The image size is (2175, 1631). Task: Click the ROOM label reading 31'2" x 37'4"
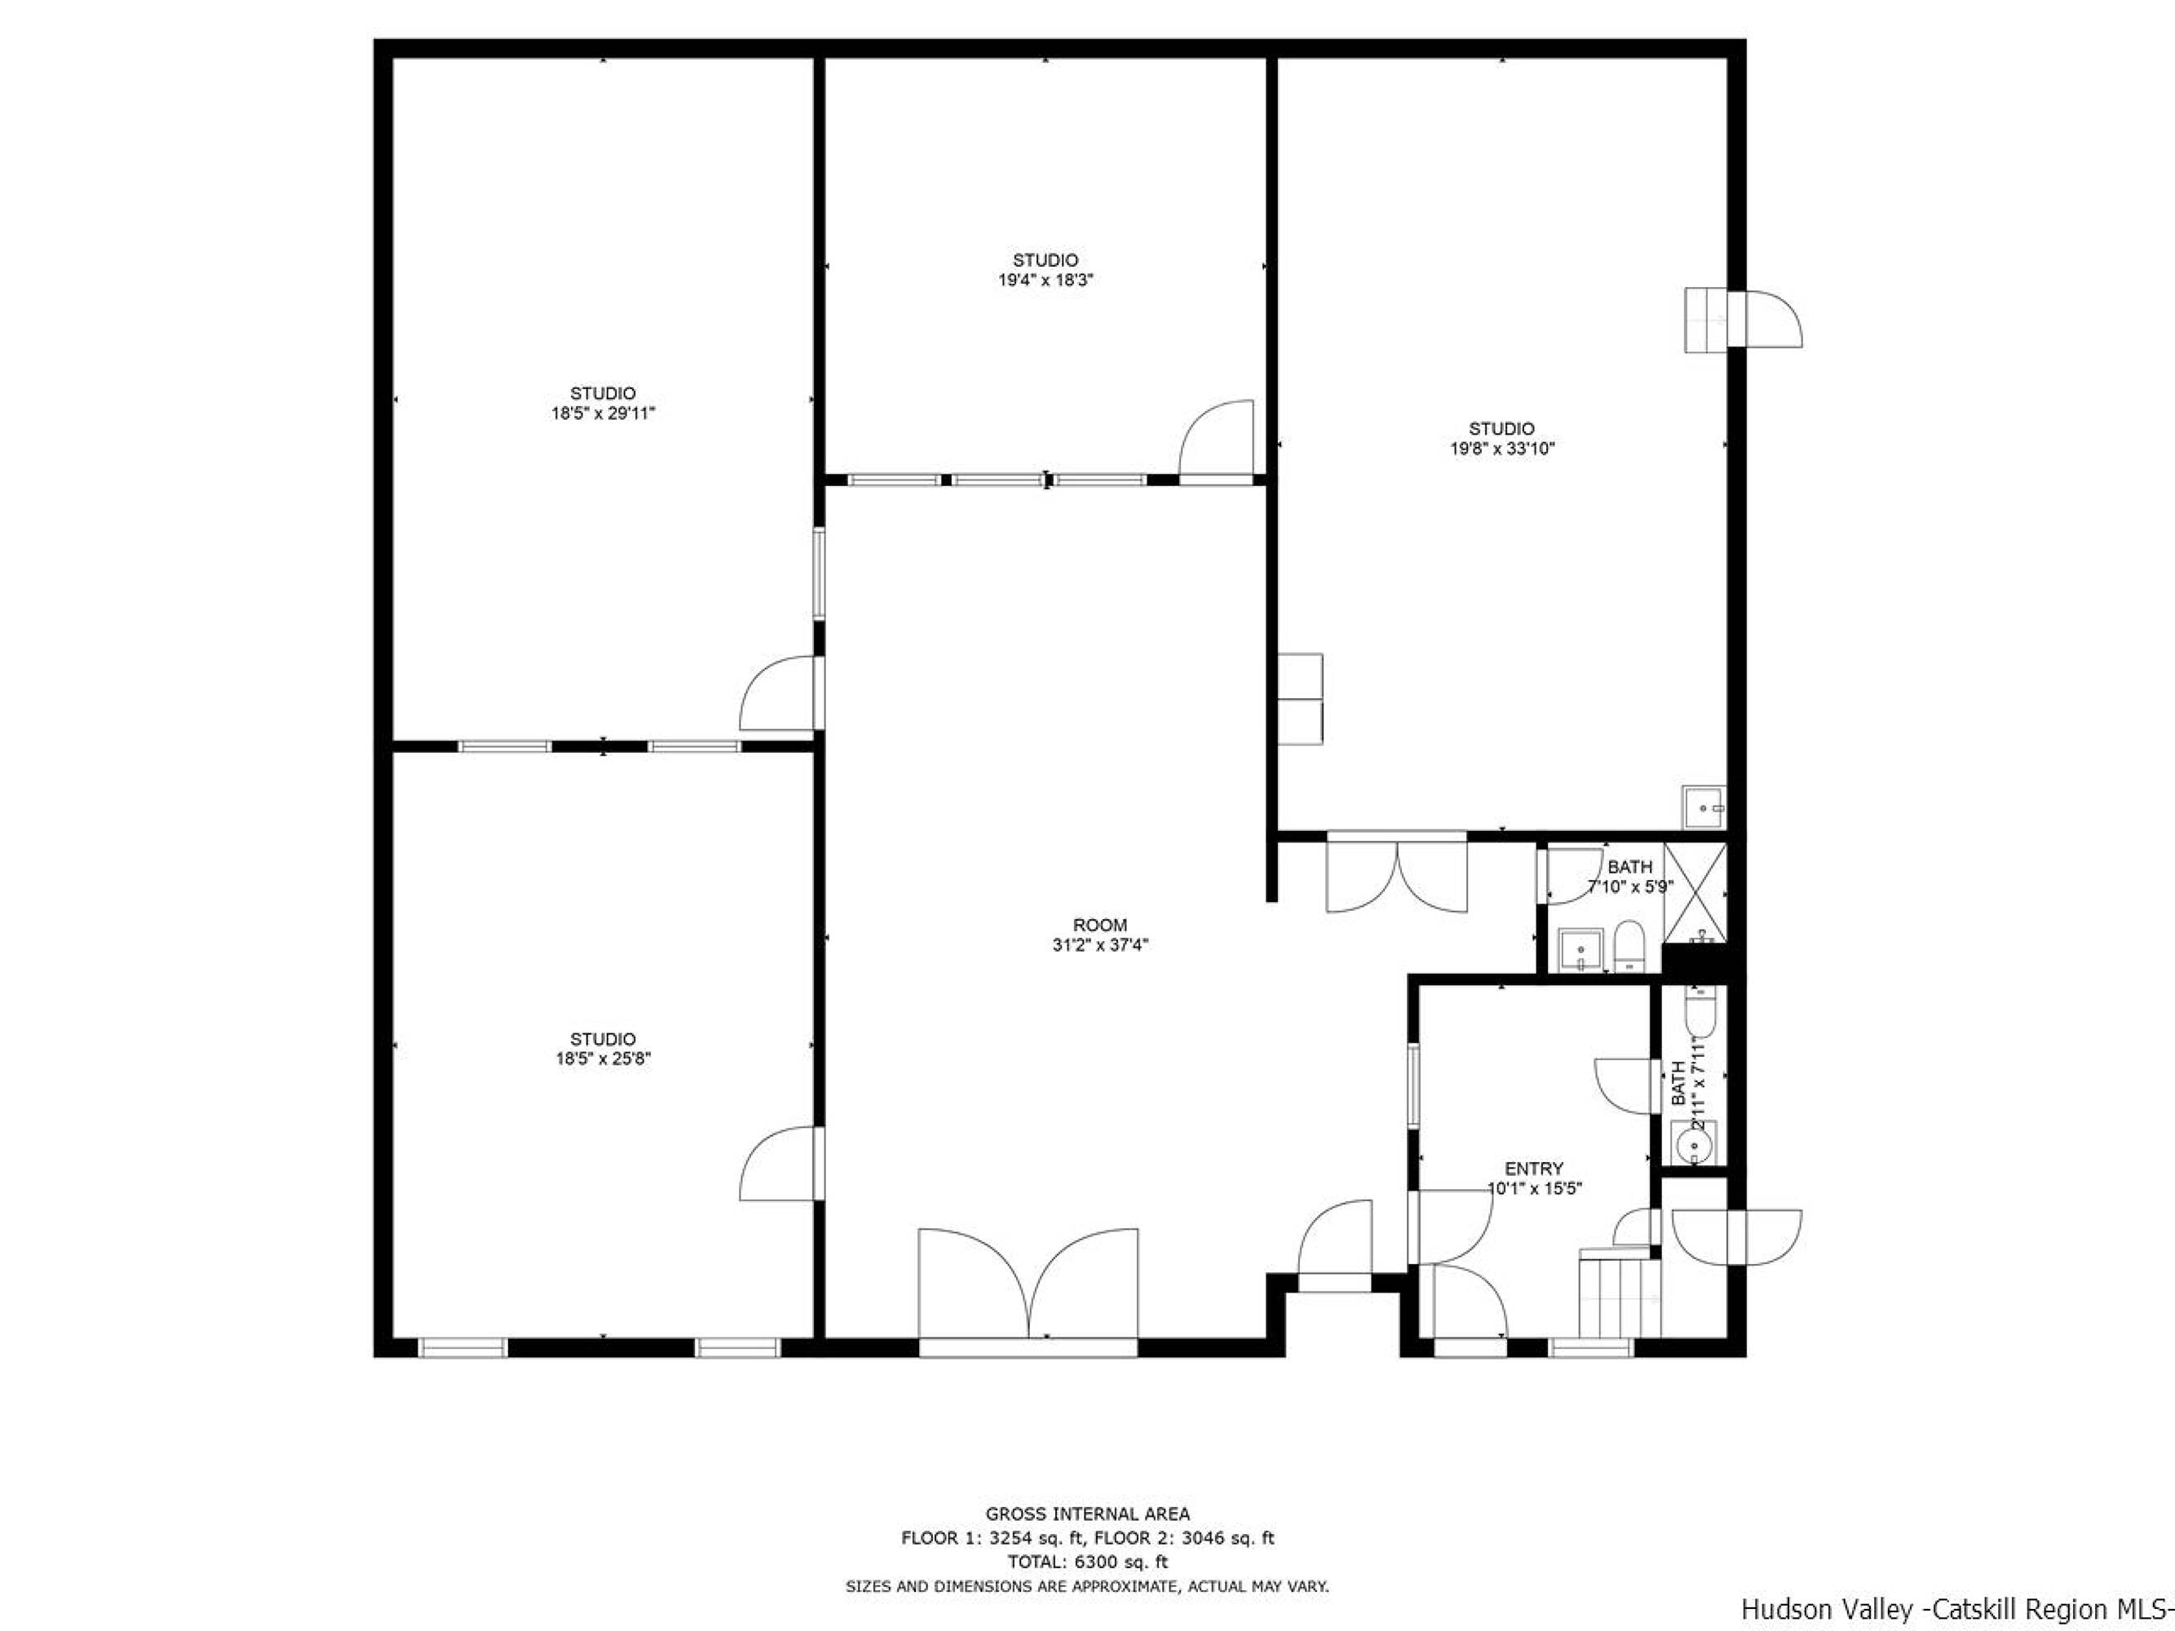click(1099, 935)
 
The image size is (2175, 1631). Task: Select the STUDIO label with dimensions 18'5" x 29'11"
click(603, 403)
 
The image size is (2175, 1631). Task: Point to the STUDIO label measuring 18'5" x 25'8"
click(603, 1049)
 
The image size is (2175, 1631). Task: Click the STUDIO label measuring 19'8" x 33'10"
click(1501, 439)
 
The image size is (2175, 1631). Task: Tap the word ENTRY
click(1534, 1169)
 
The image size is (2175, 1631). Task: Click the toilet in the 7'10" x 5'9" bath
click(1629, 946)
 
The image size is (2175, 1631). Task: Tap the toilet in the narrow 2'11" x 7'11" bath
click(1699, 1014)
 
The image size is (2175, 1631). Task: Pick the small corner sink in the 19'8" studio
click(1703, 807)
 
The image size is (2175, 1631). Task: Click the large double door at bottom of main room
click(1028, 1286)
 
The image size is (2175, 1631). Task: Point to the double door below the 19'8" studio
click(1397, 874)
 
